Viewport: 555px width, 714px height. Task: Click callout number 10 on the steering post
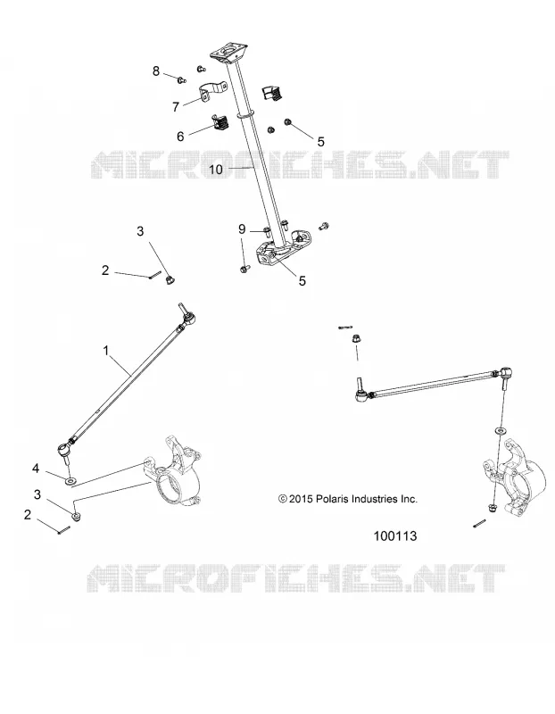(216, 170)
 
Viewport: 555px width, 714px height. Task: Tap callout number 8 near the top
(156, 71)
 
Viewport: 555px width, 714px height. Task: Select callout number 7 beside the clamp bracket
(175, 106)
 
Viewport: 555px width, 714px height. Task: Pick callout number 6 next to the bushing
(180, 137)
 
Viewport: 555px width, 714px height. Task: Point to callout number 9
(242, 229)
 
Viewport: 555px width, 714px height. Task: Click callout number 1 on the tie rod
(106, 351)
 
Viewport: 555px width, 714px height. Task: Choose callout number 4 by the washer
(36, 468)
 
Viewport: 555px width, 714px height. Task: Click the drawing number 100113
(395, 536)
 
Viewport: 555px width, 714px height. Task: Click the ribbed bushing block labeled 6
(221, 122)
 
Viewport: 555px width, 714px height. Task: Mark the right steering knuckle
(515, 475)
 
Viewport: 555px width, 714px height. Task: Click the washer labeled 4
(71, 480)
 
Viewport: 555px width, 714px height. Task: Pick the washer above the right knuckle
(500, 430)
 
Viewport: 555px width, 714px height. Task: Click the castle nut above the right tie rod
(357, 338)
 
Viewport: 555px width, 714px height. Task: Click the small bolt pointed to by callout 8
(182, 80)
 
